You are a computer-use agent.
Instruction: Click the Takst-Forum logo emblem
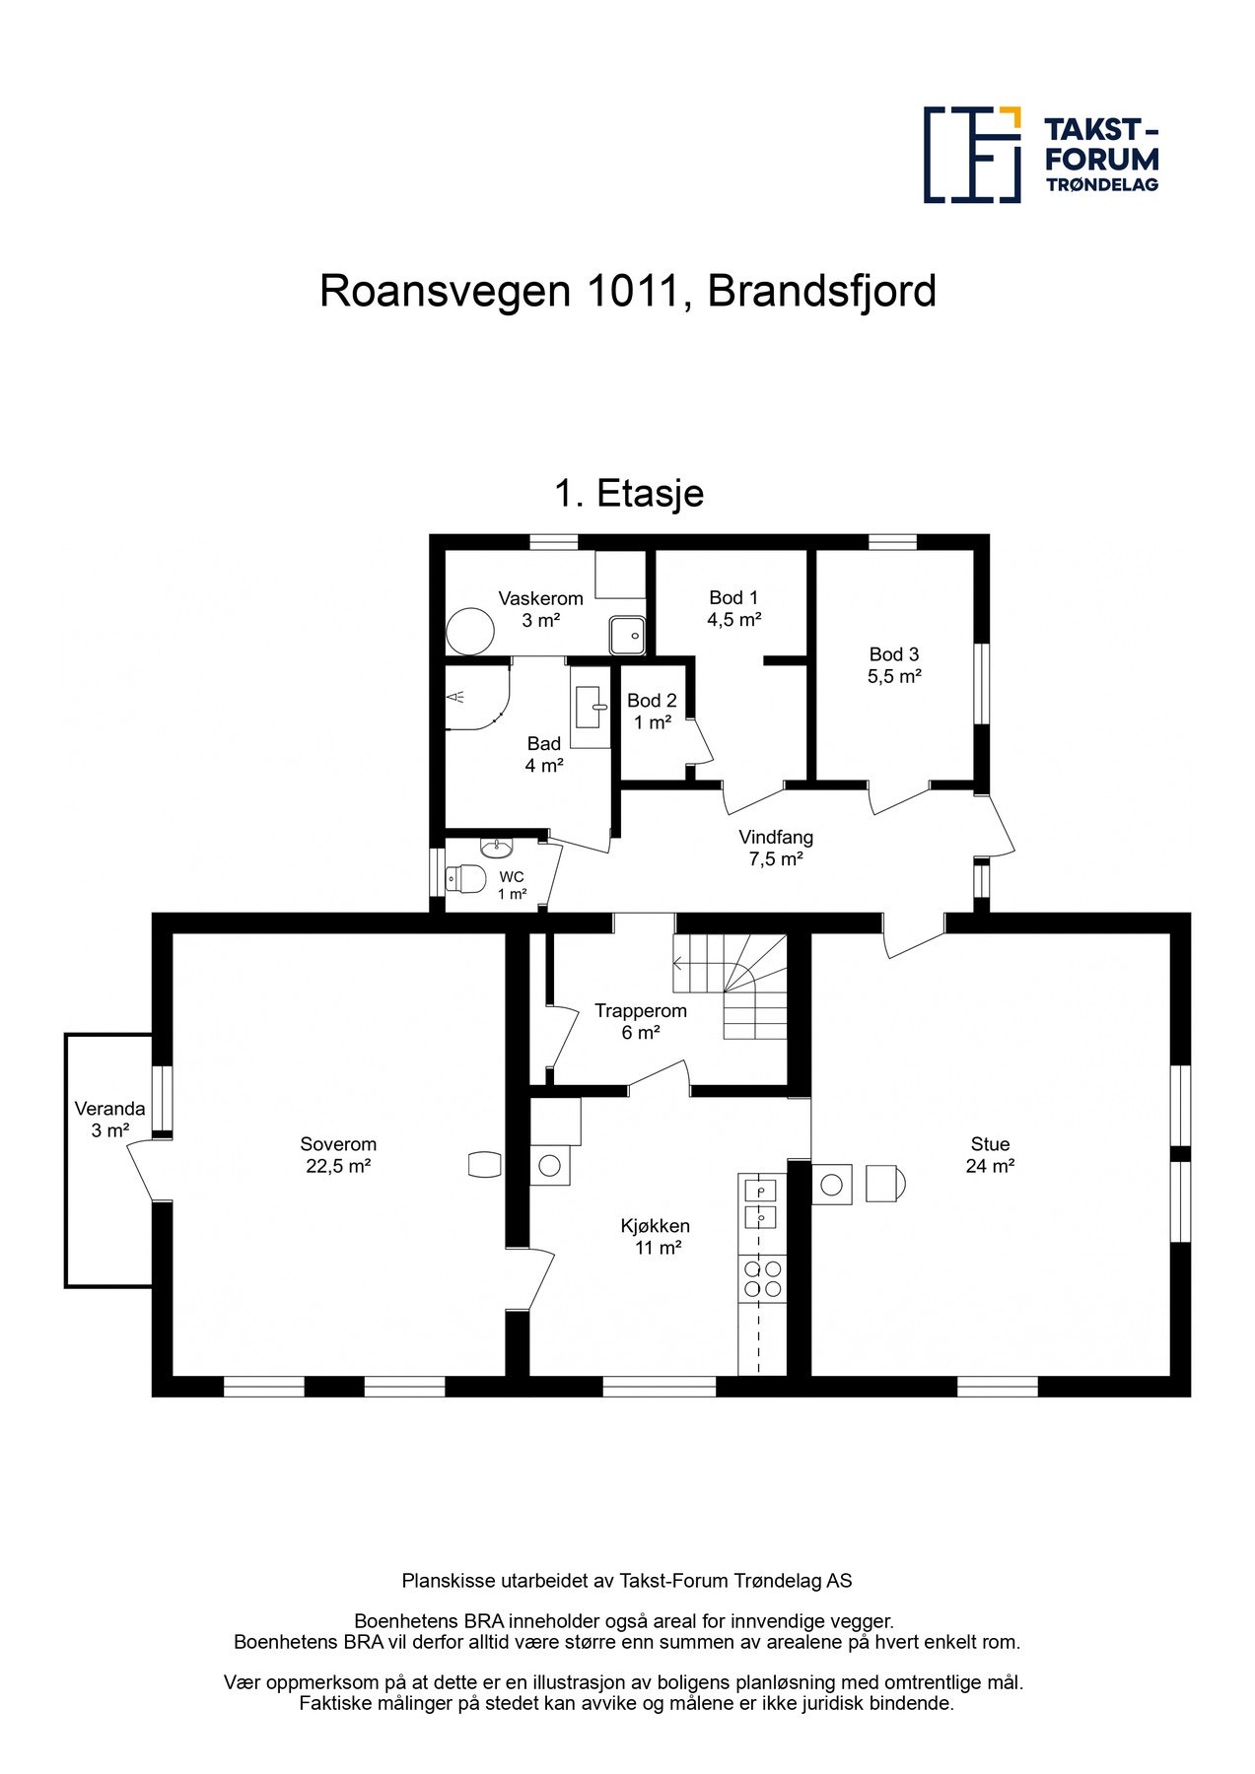point(971,155)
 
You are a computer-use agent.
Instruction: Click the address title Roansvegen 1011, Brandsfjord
point(627,292)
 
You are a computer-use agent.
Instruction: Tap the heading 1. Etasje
point(629,493)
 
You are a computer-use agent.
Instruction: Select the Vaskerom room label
point(540,598)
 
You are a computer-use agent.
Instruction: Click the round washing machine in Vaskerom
point(469,631)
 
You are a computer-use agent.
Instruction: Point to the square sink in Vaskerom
point(626,635)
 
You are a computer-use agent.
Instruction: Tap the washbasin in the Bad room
point(591,706)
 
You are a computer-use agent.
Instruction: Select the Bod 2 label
point(652,701)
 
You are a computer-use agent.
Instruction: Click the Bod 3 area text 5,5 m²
point(894,677)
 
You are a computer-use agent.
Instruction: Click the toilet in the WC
point(464,877)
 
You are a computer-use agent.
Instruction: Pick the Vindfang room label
point(776,838)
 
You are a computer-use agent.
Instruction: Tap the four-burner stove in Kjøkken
point(762,1278)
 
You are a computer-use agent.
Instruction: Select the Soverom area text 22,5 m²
point(338,1166)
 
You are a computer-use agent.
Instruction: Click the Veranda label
point(109,1109)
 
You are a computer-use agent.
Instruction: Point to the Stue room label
point(990,1144)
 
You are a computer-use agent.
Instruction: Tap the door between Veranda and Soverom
point(141,1169)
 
